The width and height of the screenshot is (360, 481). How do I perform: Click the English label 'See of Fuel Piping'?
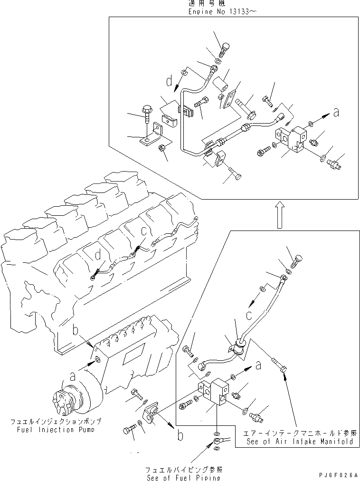(x=183, y=477)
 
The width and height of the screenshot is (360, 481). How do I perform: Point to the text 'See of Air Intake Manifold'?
(x=300, y=441)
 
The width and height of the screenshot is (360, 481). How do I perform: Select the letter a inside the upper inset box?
(x=336, y=113)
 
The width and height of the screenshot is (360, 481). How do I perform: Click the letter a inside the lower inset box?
(x=257, y=365)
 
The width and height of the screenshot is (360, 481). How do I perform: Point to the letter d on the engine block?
(x=98, y=256)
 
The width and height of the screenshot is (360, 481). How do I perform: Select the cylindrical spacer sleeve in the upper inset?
(x=221, y=86)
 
